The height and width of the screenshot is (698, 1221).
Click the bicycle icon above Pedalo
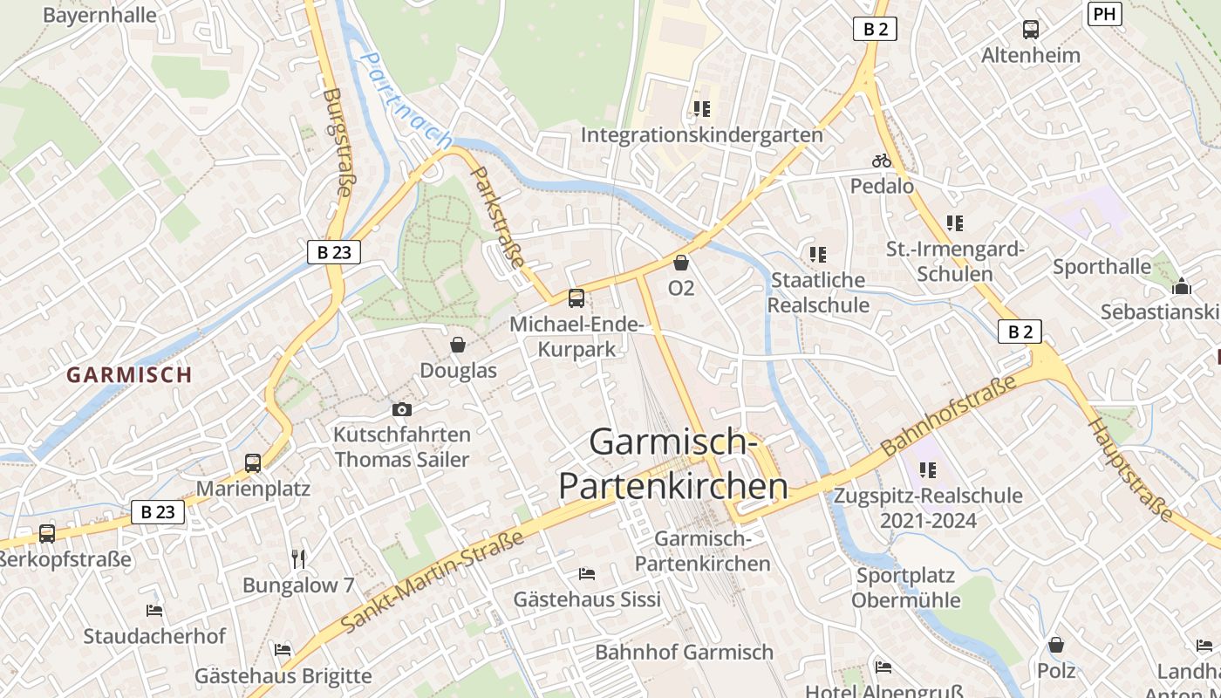point(882,161)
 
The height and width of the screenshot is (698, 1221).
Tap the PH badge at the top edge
point(1104,13)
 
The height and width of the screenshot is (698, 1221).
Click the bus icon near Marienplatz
point(253,463)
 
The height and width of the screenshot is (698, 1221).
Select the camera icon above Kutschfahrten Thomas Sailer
point(401,409)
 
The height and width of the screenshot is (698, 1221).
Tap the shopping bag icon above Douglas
point(458,345)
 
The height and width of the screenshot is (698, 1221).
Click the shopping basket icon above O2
point(681,262)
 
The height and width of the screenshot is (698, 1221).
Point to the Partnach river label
point(407,101)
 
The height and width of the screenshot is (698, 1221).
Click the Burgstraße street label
point(337,144)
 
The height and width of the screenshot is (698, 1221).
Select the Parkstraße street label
point(498,217)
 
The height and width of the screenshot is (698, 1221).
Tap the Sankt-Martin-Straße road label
point(433,580)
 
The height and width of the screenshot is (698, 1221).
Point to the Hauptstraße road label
point(1130,469)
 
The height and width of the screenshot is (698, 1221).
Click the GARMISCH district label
point(129,375)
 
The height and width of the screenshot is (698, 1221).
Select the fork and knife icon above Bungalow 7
point(299,558)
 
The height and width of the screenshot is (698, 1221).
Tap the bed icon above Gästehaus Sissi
point(587,573)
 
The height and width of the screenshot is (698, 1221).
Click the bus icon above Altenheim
point(1031,30)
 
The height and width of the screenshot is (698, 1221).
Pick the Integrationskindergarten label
point(702,135)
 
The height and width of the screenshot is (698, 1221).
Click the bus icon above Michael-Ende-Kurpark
point(576,298)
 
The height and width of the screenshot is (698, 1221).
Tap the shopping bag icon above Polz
point(1056,645)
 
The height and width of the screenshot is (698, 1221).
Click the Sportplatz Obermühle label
point(906,588)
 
